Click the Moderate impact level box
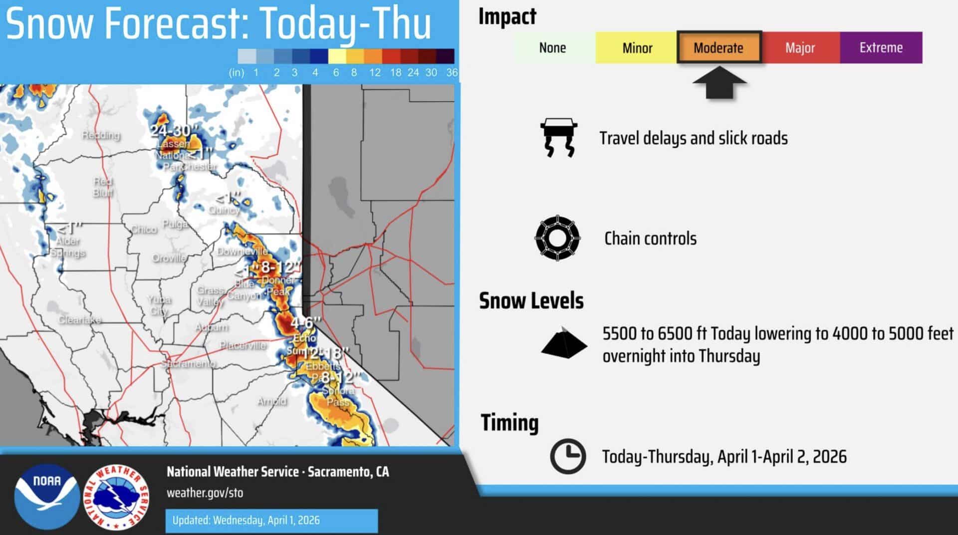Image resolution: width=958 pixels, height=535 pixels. click(x=718, y=47)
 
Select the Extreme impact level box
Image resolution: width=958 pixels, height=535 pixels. click(x=881, y=47)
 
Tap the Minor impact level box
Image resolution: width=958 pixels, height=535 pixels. click(x=637, y=47)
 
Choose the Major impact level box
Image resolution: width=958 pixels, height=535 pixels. click(x=800, y=47)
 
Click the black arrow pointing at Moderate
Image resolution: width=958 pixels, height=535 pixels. click(x=719, y=85)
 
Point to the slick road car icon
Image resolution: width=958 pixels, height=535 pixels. click(x=558, y=138)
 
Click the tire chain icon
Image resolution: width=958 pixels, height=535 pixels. click(x=557, y=238)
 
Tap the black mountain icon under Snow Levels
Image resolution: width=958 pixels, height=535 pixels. click(x=564, y=343)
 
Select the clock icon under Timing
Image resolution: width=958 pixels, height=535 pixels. click(x=567, y=456)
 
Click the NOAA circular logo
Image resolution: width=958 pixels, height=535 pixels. click(x=47, y=496)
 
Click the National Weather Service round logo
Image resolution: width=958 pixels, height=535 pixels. click(x=116, y=497)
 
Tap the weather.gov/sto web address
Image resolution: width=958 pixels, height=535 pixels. click(x=205, y=493)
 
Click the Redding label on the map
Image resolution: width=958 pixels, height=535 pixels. click(x=101, y=135)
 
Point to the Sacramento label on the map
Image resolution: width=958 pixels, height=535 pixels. click(x=189, y=364)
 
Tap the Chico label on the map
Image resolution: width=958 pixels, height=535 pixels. click(x=143, y=229)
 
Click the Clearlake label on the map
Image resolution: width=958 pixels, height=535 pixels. click(x=80, y=319)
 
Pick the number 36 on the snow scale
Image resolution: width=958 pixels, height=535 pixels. click(x=452, y=72)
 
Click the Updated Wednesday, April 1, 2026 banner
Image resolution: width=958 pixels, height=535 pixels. click(x=271, y=520)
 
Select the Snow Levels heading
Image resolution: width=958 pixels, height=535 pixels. click(x=531, y=301)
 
